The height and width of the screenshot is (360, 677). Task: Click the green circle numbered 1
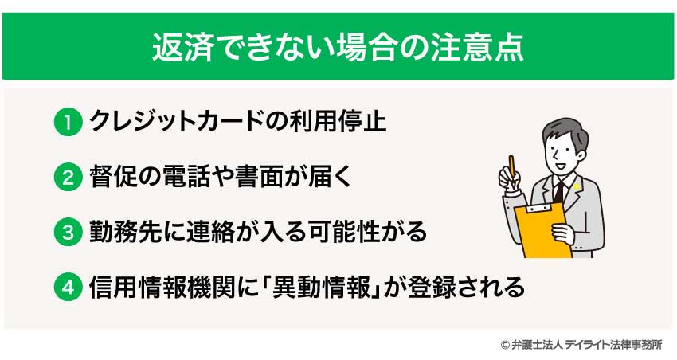click(x=68, y=123)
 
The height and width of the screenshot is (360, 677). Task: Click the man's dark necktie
click(x=558, y=192)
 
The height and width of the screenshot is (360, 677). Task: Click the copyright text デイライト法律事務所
click(x=614, y=345)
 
